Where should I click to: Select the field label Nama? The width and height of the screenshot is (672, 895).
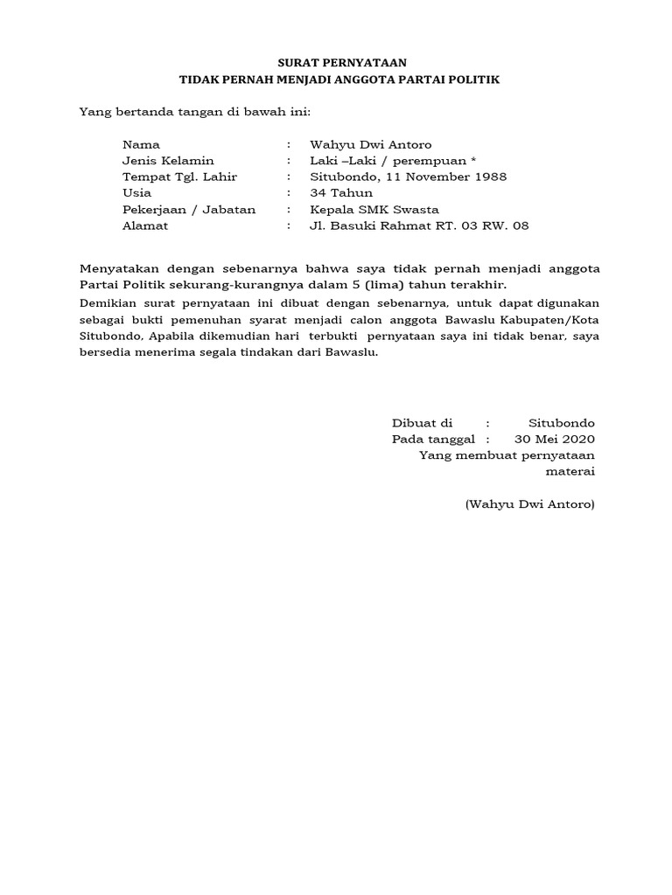(141, 144)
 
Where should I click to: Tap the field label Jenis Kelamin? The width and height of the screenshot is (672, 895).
(168, 161)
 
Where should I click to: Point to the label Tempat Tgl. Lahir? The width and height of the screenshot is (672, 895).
(179, 177)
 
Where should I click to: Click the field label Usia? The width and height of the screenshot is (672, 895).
(137, 192)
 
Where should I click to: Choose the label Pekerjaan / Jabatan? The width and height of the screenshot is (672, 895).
(189, 209)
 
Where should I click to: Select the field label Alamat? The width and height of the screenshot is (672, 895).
(145, 225)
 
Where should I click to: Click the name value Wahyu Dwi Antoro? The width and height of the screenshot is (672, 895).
(371, 144)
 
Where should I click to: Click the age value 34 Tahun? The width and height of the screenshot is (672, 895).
(341, 192)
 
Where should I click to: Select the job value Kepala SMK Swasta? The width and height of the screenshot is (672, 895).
(374, 209)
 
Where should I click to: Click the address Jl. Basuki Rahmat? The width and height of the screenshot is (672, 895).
(375, 225)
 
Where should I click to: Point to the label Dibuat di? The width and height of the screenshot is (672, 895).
(422, 423)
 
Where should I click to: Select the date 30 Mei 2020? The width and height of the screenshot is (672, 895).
(555, 439)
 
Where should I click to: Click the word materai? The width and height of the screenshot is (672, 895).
(570, 471)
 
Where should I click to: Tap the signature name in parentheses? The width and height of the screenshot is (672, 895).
(530, 504)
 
